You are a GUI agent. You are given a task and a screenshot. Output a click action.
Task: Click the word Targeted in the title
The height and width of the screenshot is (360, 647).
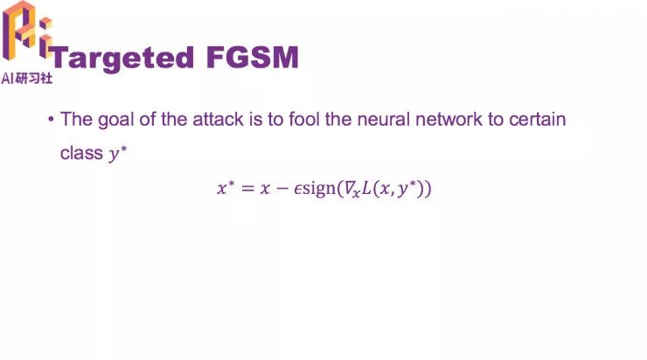pos(121,58)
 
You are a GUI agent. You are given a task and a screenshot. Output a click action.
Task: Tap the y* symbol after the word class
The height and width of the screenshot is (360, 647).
pos(116,154)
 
